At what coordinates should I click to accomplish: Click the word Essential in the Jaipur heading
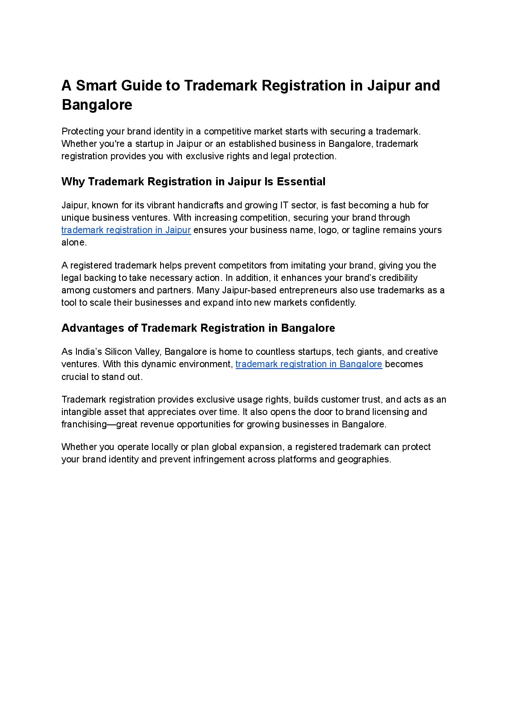coord(301,181)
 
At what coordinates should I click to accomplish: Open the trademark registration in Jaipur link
coord(126,230)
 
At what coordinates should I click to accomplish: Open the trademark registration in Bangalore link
coord(309,364)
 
